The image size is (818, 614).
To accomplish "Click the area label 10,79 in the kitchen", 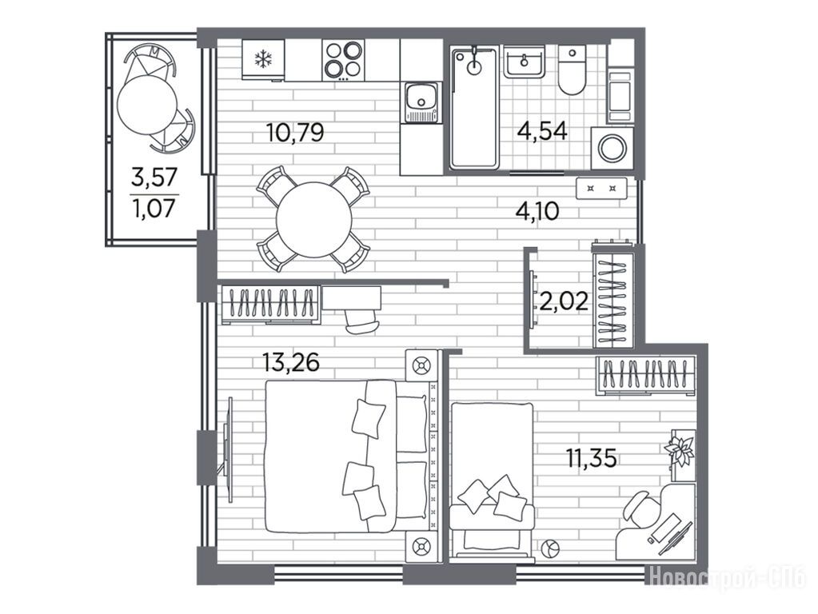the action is coord(295,133).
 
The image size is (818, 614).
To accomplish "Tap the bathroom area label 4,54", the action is coord(542,131).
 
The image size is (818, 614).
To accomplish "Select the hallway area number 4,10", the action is coord(537,211).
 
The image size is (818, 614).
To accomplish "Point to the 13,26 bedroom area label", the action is coord(290,362).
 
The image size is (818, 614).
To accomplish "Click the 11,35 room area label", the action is coord(592,459).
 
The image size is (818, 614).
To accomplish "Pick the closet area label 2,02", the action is coord(565,301).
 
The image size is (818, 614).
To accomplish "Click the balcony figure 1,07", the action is coord(154,209).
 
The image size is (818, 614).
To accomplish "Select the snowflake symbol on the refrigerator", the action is coord(263,59).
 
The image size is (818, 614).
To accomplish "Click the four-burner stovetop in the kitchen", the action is coord(343,59).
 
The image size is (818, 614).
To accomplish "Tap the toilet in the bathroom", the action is coord(573,70).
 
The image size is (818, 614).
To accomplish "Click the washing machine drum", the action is coord(612,149).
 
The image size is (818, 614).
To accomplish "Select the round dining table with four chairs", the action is coord(314,219).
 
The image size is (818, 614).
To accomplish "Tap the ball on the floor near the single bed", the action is coord(550,549).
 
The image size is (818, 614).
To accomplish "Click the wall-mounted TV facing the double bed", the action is coord(227,449).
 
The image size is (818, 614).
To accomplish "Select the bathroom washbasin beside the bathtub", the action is coord(524,61).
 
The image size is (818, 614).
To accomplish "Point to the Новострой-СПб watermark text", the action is coord(729,577).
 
